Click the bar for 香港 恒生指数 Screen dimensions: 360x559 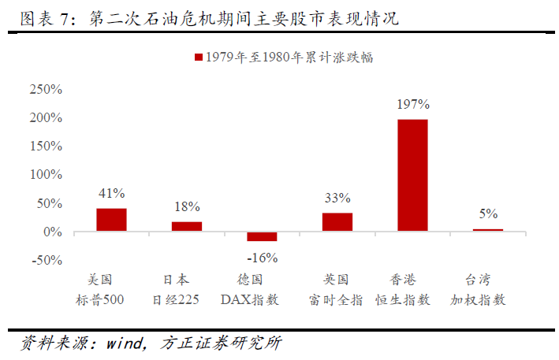(412, 175)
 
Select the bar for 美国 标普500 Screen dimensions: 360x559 (111, 220)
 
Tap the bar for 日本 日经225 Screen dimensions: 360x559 (187, 226)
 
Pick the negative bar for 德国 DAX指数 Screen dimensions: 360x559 (262, 236)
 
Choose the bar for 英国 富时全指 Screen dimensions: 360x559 (337, 222)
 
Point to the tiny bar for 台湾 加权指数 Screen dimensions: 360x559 (487, 230)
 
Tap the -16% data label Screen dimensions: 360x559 (263, 258)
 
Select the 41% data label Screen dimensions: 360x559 (112, 193)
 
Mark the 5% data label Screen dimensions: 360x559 (488, 213)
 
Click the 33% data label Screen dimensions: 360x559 (337, 198)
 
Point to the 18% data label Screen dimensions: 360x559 (187, 206)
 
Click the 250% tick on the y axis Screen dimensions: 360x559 (46, 89)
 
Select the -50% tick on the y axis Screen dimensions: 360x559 (47, 261)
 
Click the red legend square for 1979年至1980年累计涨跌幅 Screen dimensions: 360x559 (198, 57)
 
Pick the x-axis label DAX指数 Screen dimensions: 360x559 (262, 299)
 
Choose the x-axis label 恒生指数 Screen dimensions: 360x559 (412, 299)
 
